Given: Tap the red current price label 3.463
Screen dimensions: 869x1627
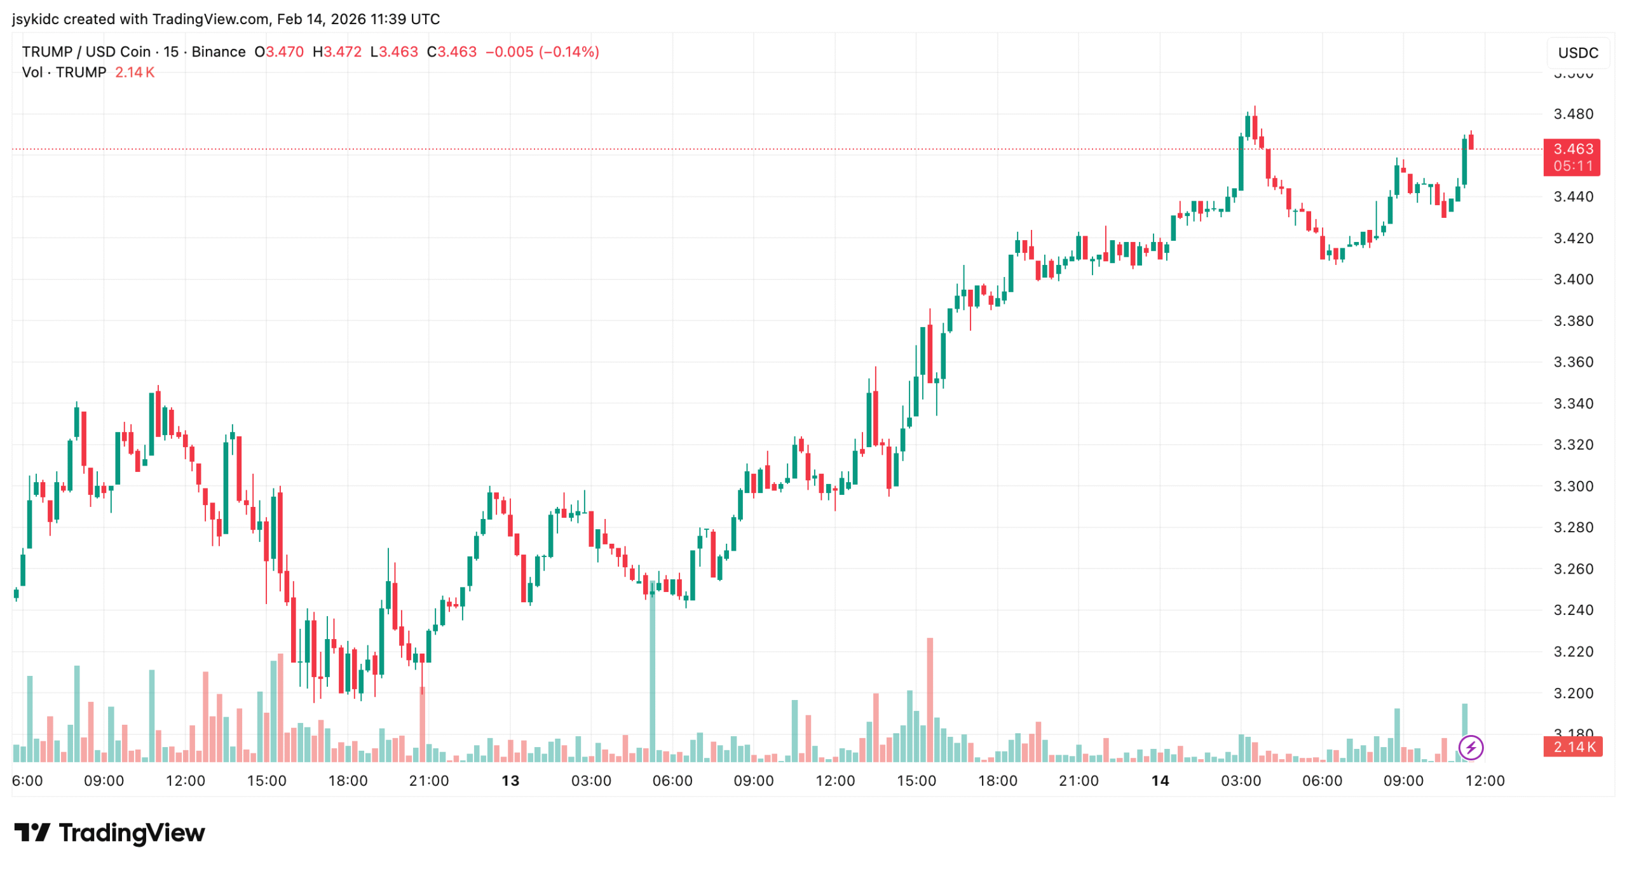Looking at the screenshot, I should (1572, 149).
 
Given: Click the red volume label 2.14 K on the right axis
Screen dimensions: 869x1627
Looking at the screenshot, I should (1574, 747).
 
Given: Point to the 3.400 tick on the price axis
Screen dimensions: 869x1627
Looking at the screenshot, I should (1573, 280).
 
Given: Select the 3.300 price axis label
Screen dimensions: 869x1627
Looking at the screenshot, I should (1573, 487).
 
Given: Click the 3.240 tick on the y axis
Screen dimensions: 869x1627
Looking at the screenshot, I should (1573, 610).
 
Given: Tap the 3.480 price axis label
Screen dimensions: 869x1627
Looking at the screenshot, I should (1573, 114).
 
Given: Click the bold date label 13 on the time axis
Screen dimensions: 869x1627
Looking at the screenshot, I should (510, 781).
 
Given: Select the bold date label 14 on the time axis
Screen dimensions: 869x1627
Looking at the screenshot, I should (1160, 781).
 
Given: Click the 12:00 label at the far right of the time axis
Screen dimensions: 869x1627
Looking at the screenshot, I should (1485, 781).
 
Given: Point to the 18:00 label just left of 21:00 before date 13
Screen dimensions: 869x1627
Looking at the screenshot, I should (348, 781).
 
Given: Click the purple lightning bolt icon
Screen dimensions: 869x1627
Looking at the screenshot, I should (1471, 748).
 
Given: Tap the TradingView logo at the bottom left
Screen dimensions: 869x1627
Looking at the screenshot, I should (109, 833).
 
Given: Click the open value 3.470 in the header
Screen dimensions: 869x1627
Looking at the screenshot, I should (284, 52).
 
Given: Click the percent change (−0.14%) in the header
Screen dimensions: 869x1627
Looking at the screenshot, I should (569, 52).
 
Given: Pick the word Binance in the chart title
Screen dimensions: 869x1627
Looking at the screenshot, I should (218, 52).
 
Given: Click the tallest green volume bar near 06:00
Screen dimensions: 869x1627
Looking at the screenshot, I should (652, 673).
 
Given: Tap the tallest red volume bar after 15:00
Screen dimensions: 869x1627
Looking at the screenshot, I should (930, 699).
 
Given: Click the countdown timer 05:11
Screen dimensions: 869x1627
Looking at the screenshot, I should (1573, 166).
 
